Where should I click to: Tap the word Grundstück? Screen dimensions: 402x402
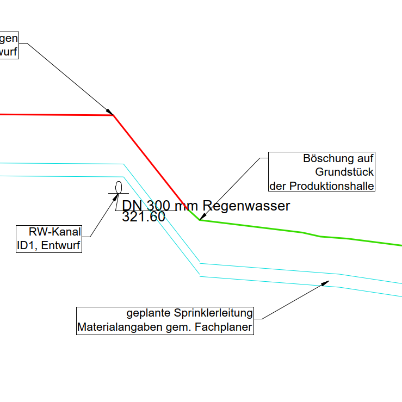[x=344, y=172]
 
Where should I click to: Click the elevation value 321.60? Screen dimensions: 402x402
[x=144, y=217]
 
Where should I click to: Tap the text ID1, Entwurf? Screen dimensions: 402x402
[x=49, y=246]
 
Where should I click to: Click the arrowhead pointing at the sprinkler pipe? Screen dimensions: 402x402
[x=326, y=282]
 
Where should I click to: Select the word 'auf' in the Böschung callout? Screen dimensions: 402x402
[x=365, y=159]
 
